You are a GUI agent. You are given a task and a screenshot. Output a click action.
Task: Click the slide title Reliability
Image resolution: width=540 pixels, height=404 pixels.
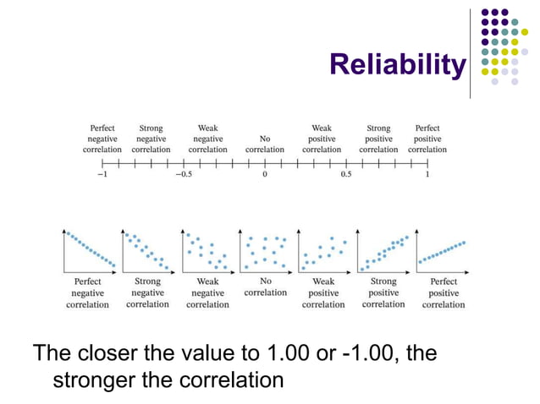coord(396,64)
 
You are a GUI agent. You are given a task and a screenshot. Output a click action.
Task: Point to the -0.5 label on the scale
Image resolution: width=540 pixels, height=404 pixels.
coord(182,175)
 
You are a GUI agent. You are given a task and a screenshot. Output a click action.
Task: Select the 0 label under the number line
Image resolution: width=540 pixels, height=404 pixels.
coord(265,175)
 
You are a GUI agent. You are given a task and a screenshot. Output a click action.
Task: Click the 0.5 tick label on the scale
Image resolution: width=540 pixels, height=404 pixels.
coord(345,175)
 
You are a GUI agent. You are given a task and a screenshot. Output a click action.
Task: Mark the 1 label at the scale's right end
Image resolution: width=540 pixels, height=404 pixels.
coord(427,175)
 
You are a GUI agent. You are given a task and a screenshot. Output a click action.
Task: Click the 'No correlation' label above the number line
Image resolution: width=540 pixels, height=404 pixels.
coord(265,144)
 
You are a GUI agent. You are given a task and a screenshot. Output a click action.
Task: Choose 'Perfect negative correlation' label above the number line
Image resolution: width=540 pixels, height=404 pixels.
coord(102,139)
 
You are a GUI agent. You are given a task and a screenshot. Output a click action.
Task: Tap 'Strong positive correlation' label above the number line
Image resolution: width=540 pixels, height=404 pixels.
coord(378,139)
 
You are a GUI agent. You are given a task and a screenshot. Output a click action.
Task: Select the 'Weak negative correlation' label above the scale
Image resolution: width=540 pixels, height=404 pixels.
coord(207,139)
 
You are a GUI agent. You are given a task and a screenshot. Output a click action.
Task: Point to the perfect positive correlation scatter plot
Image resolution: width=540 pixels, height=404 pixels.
coord(443,251)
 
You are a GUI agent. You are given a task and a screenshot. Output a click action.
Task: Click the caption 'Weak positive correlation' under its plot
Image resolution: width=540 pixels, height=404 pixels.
coord(323,292)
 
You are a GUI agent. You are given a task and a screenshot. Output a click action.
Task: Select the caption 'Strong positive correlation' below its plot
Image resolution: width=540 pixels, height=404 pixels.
coord(383,292)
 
